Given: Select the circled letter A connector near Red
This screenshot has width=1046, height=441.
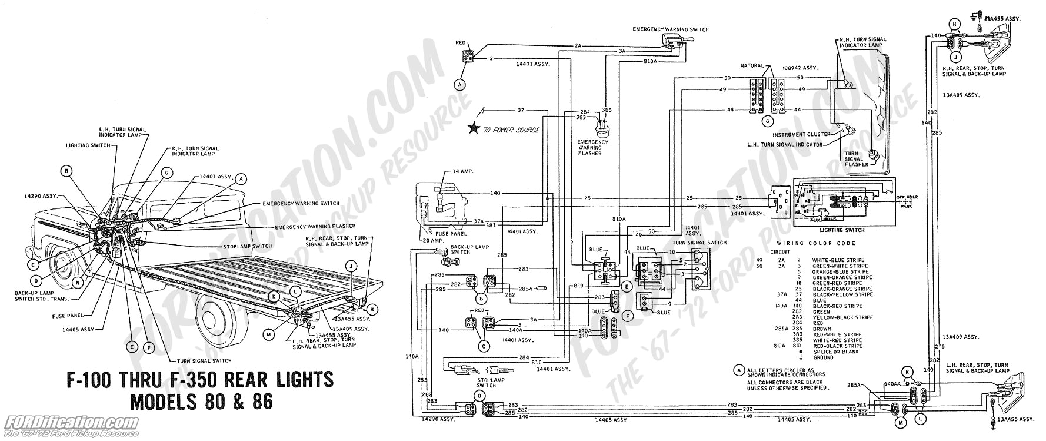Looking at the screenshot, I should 459,85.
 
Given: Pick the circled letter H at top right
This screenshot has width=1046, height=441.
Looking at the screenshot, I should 952,24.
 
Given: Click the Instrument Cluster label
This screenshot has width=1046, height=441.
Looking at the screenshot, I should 804,134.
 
